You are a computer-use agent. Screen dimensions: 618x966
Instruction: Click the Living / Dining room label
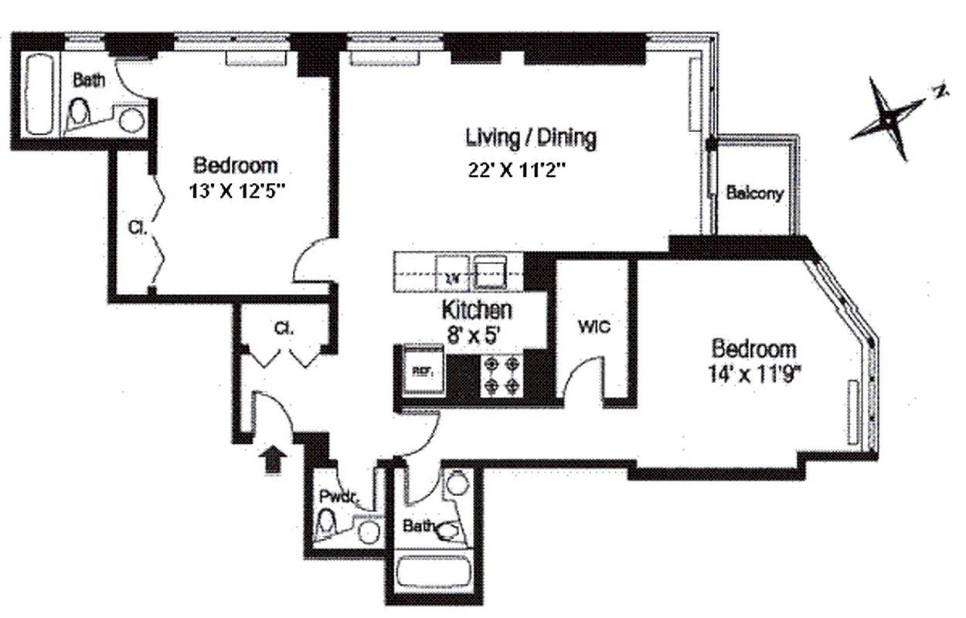(530, 138)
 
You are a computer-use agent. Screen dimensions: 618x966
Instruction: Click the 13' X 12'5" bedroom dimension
(234, 191)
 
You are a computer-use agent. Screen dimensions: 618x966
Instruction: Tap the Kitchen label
(476, 311)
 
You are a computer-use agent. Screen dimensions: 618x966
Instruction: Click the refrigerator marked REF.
(422, 371)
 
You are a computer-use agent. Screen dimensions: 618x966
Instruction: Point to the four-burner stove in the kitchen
(500, 375)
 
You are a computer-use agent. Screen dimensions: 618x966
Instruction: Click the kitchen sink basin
(489, 270)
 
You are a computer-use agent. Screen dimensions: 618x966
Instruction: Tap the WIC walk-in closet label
(594, 327)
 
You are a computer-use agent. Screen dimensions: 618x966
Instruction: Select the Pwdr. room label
(339, 497)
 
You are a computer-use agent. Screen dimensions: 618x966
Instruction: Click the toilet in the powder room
(328, 525)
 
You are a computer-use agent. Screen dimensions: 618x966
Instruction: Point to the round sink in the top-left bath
(131, 121)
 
